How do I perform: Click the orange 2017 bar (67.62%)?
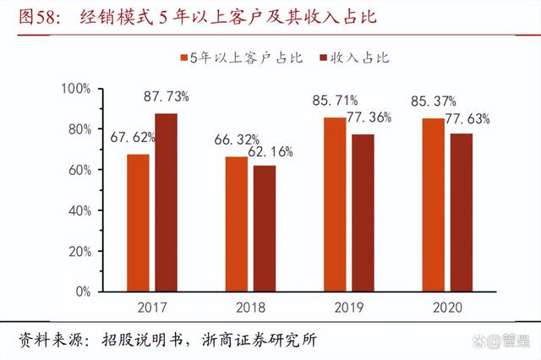[139, 223]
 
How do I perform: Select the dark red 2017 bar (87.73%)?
[166, 203]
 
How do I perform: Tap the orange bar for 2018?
[237, 224]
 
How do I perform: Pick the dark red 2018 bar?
[265, 228]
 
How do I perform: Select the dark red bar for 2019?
[363, 213]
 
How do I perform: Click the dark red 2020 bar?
[462, 213]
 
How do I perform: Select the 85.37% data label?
[433, 101]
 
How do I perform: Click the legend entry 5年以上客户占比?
[238, 58]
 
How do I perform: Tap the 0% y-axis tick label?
[81, 292]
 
